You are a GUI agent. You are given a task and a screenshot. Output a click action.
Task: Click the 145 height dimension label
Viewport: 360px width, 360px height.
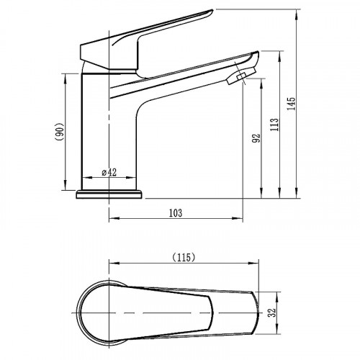pos(292,104)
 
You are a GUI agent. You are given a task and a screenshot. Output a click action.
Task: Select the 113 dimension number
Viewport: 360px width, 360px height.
pos(274,125)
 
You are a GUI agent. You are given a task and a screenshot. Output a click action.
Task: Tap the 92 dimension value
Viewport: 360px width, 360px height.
pos(256,138)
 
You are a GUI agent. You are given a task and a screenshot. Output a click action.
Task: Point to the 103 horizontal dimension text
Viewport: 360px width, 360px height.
pos(176,213)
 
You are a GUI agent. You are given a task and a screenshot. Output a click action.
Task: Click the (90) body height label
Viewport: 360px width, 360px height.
pos(59,132)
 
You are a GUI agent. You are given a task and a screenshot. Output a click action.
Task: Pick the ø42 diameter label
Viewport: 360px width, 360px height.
pos(109,172)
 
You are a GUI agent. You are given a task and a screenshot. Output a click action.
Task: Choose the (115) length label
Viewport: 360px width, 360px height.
pos(184,258)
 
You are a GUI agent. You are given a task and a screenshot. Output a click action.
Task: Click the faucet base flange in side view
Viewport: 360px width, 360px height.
pos(109,194)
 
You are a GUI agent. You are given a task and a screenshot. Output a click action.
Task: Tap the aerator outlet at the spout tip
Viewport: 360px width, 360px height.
pos(241,76)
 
